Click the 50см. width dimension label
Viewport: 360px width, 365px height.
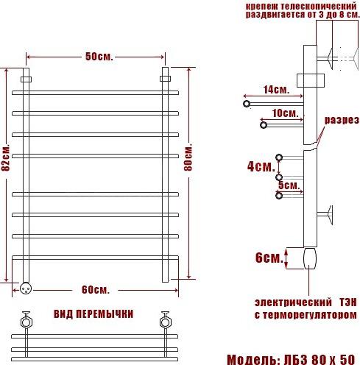tap(99, 57)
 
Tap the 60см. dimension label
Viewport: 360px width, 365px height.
tap(96, 290)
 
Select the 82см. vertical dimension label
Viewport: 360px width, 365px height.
tap(5, 157)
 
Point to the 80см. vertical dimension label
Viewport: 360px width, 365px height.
tap(188, 157)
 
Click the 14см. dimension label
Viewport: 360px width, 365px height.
tap(276, 90)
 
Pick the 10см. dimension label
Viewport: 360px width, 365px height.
tap(286, 113)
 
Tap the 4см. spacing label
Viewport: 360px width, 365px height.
tap(261, 166)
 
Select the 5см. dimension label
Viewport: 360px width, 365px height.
tap(289, 185)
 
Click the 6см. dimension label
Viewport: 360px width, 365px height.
tap(269, 258)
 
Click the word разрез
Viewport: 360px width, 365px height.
tap(342, 121)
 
